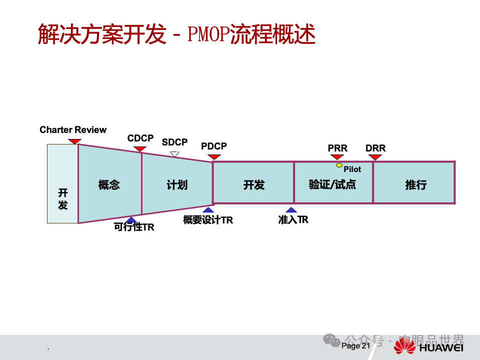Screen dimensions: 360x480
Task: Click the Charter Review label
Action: pyautogui.click(x=73, y=130)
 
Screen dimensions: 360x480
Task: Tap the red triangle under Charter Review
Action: pyautogui.click(x=74, y=141)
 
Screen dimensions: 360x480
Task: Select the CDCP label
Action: pyautogui.click(x=140, y=138)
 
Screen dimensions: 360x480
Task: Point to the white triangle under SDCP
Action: pyautogui.click(x=174, y=154)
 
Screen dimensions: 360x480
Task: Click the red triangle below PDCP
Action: pyautogui.click(x=214, y=157)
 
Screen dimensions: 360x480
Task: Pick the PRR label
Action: pyautogui.click(x=337, y=148)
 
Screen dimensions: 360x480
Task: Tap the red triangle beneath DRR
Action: pyautogui.click(x=375, y=157)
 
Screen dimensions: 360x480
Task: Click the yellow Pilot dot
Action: pyautogui.click(x=339, y=165)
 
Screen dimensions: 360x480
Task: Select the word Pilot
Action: pyautogui.click(x=352, y=169)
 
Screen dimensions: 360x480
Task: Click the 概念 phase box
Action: pyautogui.click(x=109, y=185)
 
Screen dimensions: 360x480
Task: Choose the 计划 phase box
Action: pyautogui.click(x=177, y=185)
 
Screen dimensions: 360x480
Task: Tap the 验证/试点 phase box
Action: pyautogui.click(x=332, y=184)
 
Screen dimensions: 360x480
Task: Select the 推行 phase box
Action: pyautogui.click(x=415, y=185)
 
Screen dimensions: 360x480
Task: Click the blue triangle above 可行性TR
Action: pyautogui.click(x=131, y=219)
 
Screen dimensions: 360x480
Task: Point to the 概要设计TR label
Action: pyautogui.click(x=208, y=220)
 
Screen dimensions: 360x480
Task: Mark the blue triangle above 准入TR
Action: pyautogui.click(x=291, y=210)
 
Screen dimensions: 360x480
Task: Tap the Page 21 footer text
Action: pyautogui.click(x=355, y=345)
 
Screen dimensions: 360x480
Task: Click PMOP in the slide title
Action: pyautogui.click(x=208, y=35)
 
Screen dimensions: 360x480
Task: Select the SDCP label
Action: pyautogui.click(x=174, y=142)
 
